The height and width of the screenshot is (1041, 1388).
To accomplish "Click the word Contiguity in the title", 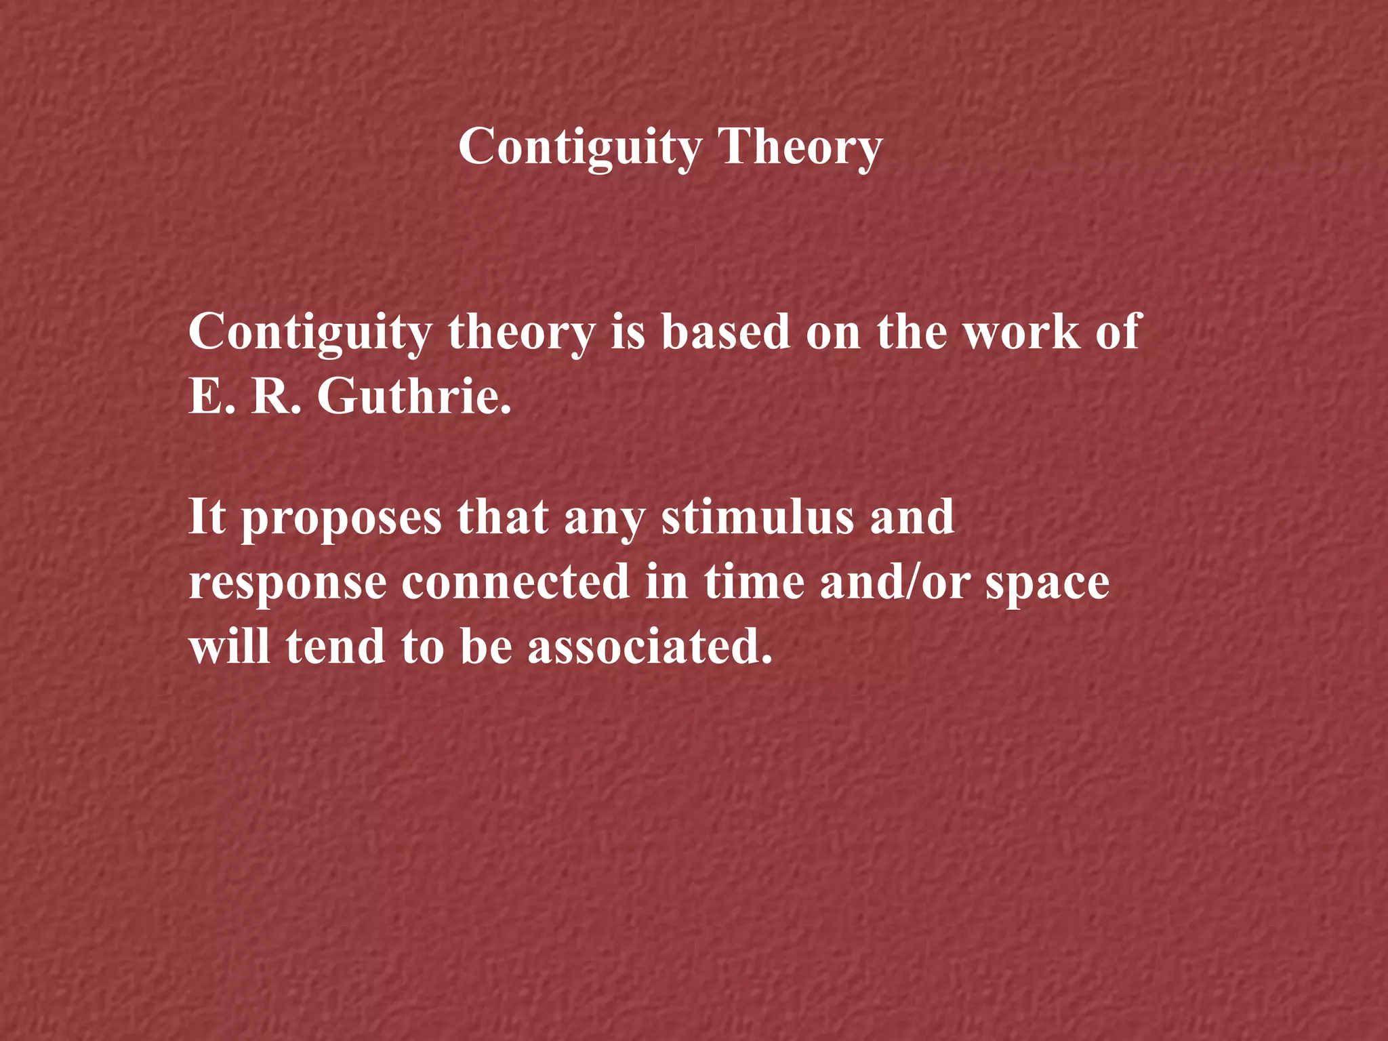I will (580, 147).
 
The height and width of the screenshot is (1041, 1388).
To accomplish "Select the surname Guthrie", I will (414, 396).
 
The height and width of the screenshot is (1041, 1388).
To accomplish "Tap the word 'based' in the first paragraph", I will (725, 332).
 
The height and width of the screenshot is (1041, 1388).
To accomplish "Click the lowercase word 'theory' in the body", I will (520, 333).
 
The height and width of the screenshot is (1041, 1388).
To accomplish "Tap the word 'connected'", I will (516, 582).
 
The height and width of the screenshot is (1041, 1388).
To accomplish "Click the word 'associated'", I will (650, 647).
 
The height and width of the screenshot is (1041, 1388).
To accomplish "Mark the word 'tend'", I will (335, 647).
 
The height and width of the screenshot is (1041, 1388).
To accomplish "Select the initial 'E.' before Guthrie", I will (206, 396).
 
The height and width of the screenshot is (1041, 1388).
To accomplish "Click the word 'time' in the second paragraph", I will (754, 582).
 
